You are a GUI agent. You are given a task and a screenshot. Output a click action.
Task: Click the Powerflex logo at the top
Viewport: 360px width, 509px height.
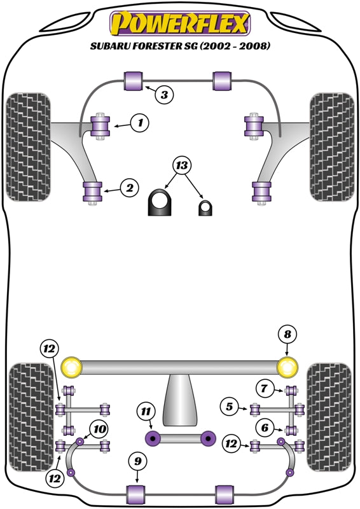coord(180,24)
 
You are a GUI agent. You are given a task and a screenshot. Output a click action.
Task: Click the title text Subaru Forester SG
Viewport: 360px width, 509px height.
coord(180,46)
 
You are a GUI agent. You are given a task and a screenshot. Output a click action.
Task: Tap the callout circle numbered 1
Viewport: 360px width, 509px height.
coord(140,122)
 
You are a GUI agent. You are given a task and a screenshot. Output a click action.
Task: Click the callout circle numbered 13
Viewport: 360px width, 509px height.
coord(182,167)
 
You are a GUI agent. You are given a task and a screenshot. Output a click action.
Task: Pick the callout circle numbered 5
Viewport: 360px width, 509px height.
coord(229,405)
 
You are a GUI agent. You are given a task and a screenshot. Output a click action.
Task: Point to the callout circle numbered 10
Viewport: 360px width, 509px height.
coord(99,429)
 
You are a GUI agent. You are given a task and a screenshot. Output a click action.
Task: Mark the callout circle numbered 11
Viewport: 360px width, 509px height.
coord(146,413)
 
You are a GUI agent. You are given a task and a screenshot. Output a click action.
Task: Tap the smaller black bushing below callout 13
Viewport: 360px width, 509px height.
coord(205,207)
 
